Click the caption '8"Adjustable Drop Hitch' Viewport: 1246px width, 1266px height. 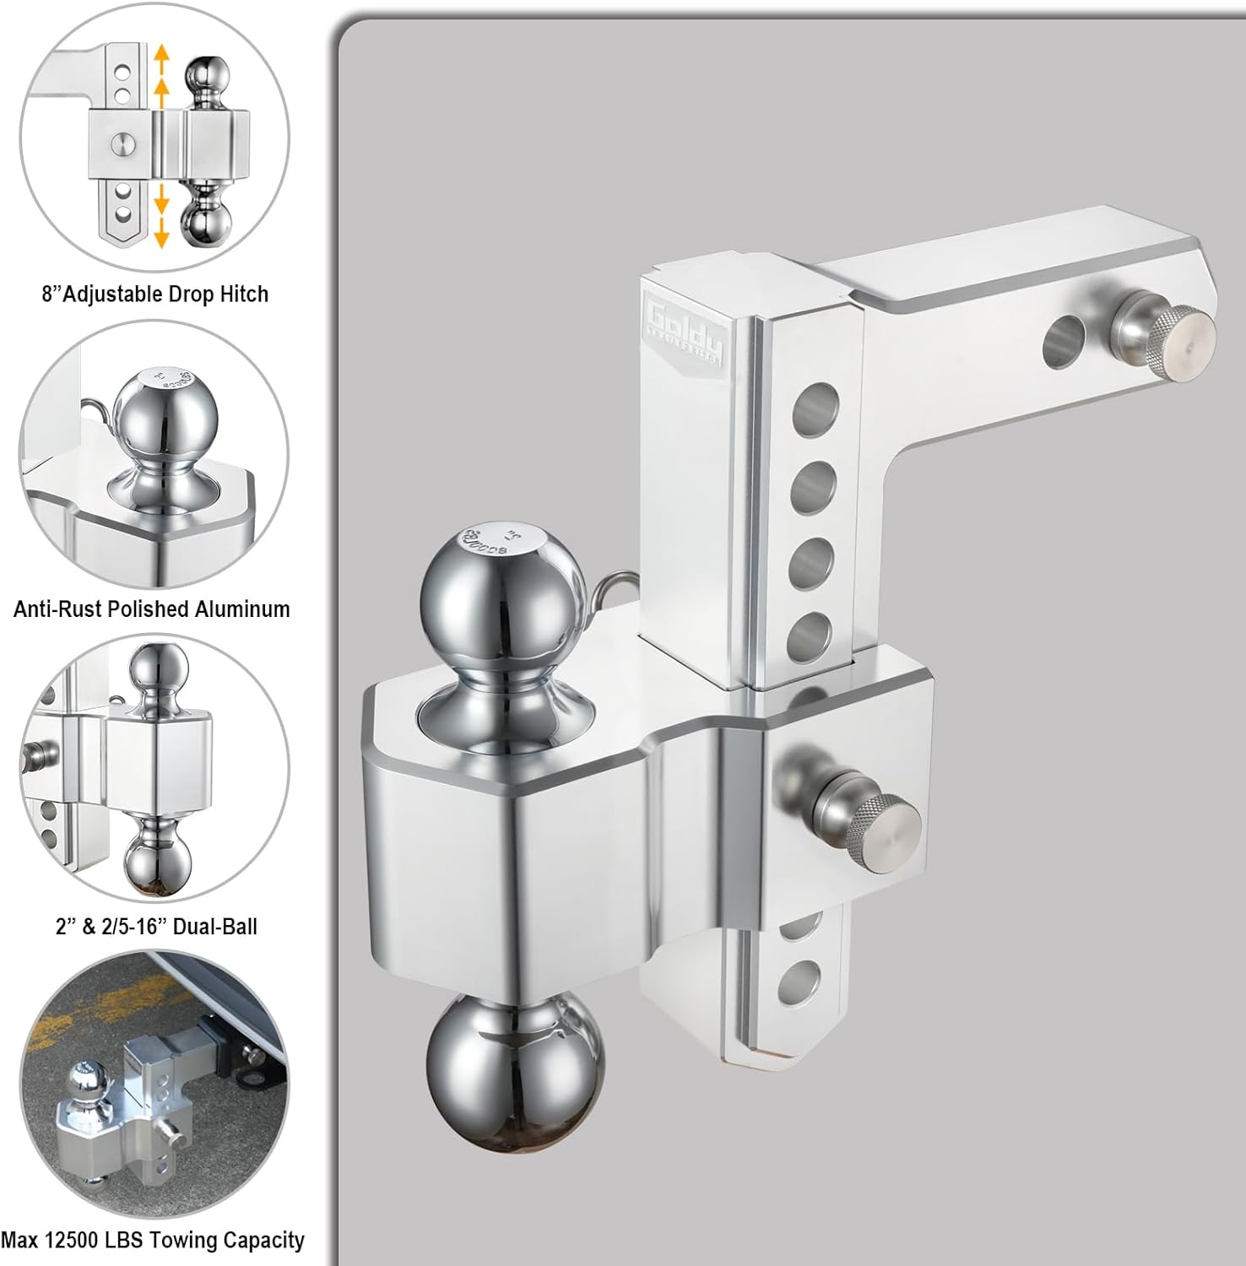tap(154, 295)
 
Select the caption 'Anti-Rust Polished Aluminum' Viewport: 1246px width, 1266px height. tap(152, 609)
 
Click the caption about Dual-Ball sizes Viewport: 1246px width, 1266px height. tap(156, 927)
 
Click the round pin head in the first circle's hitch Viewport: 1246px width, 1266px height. tap(123, 143)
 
